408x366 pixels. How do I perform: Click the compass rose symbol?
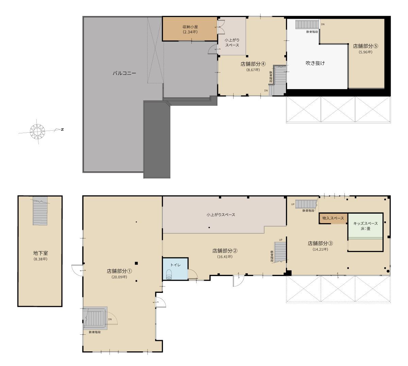(37, 131)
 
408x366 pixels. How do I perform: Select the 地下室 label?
(40, 253)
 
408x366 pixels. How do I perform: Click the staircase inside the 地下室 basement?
(40, 211)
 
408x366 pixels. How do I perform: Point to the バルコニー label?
(124, 73)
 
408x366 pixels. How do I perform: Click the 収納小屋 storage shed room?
(190, 29)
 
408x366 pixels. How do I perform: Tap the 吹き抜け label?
(315, 63)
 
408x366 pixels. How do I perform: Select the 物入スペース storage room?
(333, 218)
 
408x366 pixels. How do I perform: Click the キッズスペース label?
(365, 223)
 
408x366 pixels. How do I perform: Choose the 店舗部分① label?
(119, 271)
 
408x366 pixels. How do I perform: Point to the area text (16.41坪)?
(225, 256)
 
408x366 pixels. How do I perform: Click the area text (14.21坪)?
(320, 249)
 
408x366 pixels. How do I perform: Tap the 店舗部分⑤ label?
(365, 46)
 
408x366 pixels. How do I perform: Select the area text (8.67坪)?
(253, 70)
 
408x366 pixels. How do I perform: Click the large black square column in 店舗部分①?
(136, 263)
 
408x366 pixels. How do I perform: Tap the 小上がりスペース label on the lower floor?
(221, 215)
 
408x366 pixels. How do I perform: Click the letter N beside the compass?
(63, 129)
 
